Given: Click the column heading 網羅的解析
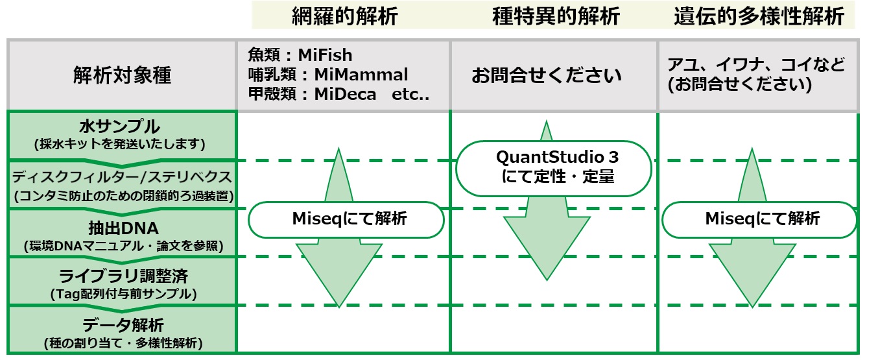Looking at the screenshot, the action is pyautogui.click(x=345, y=16).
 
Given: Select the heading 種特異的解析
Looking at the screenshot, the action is pyautogui.click(x=556, y=16).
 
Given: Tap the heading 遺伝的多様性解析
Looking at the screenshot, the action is pyautogui.click(x=759, y=16).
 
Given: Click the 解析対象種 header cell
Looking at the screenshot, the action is pyautogui.click(x=122, y=75).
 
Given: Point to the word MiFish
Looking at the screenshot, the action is pyautogui.click(x=325, y=55).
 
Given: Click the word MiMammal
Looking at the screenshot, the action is pyautogui.click(x=361, y=75).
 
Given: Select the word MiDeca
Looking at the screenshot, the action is pyautogui.click(x=345, y=94).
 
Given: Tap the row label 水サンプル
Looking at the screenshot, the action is pyautogui.click(x=119, y=126).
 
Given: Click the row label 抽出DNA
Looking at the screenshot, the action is pyautogui.click(x=123, y=228).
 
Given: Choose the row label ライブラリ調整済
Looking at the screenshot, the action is pyautogui.click(x=123, y=276).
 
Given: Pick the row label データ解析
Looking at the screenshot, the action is pyautogui.click(x=123, y=325).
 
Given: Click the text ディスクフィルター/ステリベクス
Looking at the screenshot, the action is pyautogui.click(x=122, y=177).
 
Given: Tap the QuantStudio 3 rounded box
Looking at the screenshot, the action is pyautogui.click(x=554, y=169).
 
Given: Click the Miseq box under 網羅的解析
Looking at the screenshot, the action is pyautogui.click(x=346, y=220).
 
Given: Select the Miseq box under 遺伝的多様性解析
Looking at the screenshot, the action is pyautogui.click(x=759, y=220).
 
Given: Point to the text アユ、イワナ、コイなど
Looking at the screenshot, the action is pyautogui.click(x=756, y=65).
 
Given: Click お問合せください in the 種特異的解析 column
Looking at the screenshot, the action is pyautogui.click(x=547, y=75).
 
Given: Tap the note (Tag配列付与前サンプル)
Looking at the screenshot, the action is pyautogui.click(x=123, y=294).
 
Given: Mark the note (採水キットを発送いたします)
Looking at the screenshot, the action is pyautogui.click(x=119, y=144).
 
